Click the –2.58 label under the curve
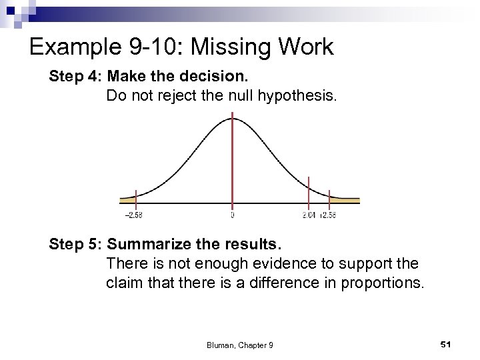click(x=133, y=215)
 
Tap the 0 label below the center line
click(x=232, y=215)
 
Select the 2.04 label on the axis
click(x=309, y=215)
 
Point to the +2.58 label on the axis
click(x=329, y=215)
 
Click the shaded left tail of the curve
click(x=127, y=199)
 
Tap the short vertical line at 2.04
click(x=309, y=190)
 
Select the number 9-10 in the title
click(x=138, y=47)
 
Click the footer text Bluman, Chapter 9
click(x=239, y=344)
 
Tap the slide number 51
click(x=446, y=343)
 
